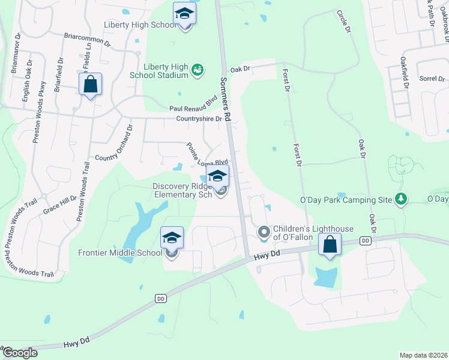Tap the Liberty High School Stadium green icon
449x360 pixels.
[x=197, y=71]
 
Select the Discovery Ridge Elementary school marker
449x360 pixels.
[x=217, y=176]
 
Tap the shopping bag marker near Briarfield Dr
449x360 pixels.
[x=90, y=85]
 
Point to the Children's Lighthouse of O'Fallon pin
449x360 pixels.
[x=264, y=232]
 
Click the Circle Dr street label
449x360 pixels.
[x=344, y=22]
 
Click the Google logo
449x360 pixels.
[x=19, y=353]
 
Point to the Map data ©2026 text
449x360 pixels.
[x=423, y=355]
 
